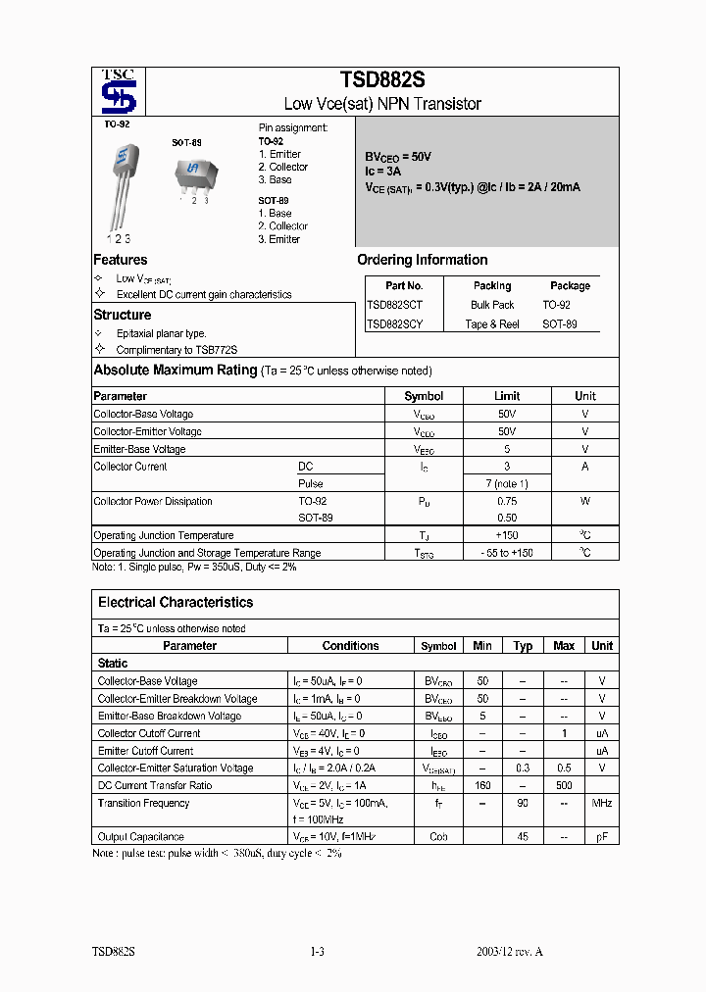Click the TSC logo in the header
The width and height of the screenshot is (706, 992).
[x=122, y=92]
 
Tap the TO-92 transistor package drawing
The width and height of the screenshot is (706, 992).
[x=121, y=181]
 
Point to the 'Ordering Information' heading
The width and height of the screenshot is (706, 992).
[x=422, y=260]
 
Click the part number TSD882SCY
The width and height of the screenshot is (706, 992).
[x=395, y=323]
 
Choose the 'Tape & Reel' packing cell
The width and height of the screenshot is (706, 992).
[x=492, y=323]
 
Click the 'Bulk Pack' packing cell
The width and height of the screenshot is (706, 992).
[x=492, y=305]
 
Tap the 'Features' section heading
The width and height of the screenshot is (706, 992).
[x=121, y=260]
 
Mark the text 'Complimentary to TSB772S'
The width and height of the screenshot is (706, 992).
[x=176, y=350]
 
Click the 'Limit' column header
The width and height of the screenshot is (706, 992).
[x=507, y=396]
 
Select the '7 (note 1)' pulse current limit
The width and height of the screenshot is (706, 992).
[x=507, y=483]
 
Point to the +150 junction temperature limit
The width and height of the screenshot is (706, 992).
[x=507, y=535]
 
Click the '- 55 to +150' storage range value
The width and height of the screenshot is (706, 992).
[x=507, y=553]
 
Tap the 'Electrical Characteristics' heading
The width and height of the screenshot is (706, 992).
[x=176, y=602]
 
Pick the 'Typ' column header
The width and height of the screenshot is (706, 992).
[x=523, y=646]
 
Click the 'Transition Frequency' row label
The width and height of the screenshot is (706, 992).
[x=143, y=803]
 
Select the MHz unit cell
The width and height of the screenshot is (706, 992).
[x=602, y=803]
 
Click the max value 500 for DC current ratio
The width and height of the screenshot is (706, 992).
[x=564, y=785]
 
